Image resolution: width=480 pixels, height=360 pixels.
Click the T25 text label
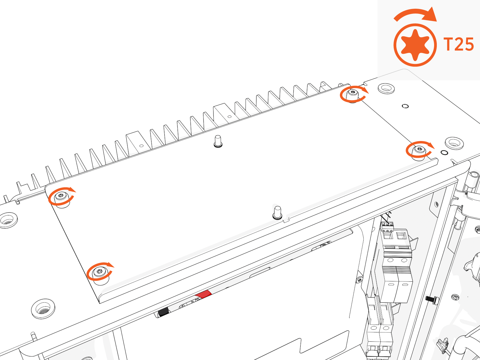(459, 44)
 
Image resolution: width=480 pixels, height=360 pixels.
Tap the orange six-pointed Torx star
(415, 45)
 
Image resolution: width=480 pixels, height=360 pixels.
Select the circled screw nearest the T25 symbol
(352, 94)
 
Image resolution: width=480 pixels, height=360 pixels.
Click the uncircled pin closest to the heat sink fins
(218, 141)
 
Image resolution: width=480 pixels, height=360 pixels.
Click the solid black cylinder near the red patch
(163, 312)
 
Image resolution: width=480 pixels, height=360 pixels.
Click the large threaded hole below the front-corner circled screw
(43, 309)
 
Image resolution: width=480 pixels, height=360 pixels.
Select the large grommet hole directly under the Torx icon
(386, 88)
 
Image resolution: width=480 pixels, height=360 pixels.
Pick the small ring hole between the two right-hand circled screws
(405, 106)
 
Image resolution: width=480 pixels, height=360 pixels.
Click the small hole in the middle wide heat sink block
(229, 117)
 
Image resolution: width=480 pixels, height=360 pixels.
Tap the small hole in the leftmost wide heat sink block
(141, 146)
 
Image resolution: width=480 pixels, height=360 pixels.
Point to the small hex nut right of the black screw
(455, 297)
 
